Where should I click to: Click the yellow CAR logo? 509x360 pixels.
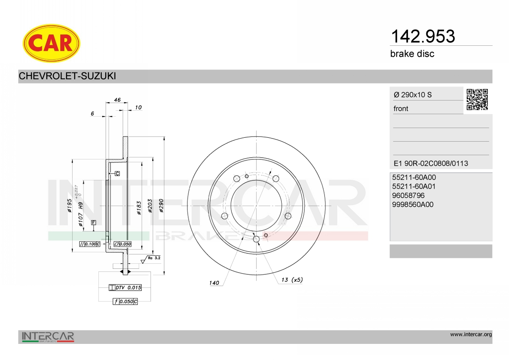tap(51, 43)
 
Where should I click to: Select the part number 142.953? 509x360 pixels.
tap(423, 36)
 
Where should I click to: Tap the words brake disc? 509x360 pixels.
tap(412, 54)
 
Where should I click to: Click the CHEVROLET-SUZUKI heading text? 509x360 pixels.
tap(67, 76)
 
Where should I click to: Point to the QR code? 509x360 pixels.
tap(477, 100)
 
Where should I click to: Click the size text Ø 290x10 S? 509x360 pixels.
tap(413, 95)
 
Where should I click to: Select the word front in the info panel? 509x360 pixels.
tap(401, 109)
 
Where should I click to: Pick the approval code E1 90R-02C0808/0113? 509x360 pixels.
tap(431, 163)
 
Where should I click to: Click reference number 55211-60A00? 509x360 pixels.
tap(414, 177)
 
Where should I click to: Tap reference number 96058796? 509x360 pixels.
tap(408, 195)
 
